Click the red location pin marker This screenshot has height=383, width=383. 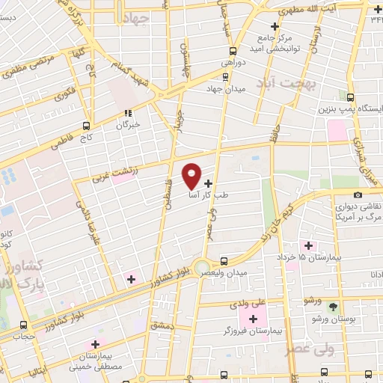(x=192, y=176)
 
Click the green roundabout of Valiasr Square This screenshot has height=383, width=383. (x=202, y=267)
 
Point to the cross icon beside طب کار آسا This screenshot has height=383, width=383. (x=208, y=182)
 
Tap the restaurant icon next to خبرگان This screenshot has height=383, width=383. (x=129, y=114)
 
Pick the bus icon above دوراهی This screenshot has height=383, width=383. (x=233, y=51)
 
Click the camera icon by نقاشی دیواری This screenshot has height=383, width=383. (x=358, y=195)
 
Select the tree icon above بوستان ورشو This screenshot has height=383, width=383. (x=334, y=307)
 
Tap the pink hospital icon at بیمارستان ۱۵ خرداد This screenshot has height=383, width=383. (x=307, y=245)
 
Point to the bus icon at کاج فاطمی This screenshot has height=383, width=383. (x=88, y=126)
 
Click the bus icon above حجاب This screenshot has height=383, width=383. (x=24, y=325)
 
